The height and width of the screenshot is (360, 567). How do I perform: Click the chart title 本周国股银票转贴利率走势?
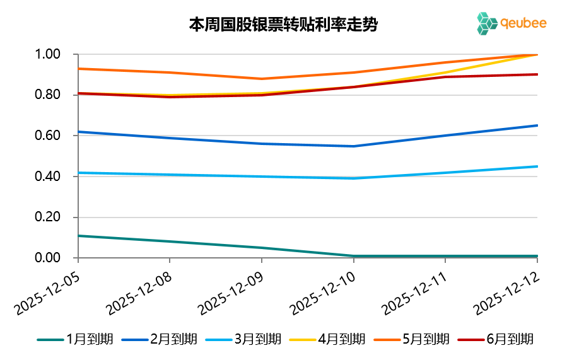click(283, 25)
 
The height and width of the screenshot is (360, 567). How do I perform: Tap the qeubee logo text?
click(523, 23)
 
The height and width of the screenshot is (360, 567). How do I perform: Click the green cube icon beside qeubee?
click(486, 23)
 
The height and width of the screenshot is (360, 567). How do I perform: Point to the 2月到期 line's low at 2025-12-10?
click(353, 146)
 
